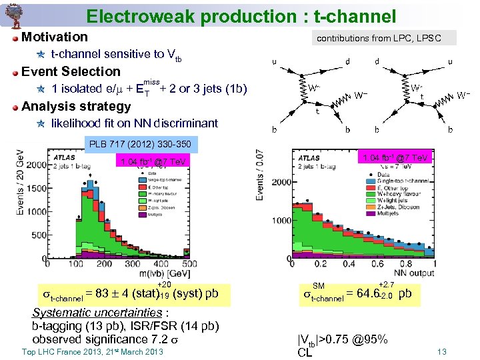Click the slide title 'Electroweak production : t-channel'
click(241, 16)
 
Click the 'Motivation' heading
click(54, 37)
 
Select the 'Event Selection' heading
click(71, 71)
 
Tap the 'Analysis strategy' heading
click(76, 106)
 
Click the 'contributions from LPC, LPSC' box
click(379, 39)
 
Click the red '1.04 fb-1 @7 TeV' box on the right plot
click(395, 157)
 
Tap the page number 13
click(441, 352)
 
